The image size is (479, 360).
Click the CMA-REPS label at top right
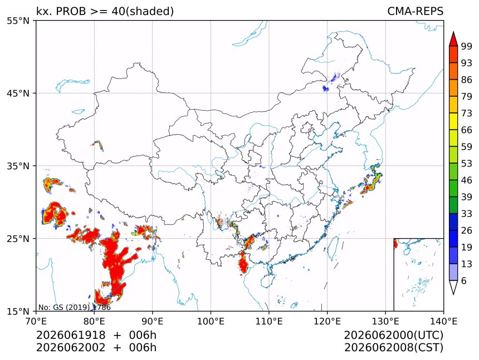pyautogui.click(x=415, y=11)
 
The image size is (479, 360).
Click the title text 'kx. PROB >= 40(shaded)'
pyautogui.click(x=105, y=12)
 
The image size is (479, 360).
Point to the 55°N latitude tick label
pyautogui.click(x=18, y=21)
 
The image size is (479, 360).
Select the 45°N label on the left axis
pyautogui.click(x=18, y=93)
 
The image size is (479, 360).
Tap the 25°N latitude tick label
pyautogui.click(x=18, y=239)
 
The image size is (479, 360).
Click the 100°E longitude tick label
pyautogui.click(x=211, y=321)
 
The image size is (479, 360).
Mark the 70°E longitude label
pyautogui.click(x=36, y=321)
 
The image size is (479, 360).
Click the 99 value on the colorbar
pyautogui.click(x=467, y=46)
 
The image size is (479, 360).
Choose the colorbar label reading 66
pyautogui.click(x=467, y=130)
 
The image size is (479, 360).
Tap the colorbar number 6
pyautogui.click(x=464, y=280)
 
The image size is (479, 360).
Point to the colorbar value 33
pyautogui.click(x=467, y=214)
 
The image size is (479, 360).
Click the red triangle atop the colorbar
pyautogui.click(x=453, y=39)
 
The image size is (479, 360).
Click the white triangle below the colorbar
pyautogui.click(x=453, y=287)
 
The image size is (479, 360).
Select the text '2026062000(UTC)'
pyautogui.click(x=394, y=336)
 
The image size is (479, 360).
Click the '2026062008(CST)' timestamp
pyautogui.click(x=394, y=348)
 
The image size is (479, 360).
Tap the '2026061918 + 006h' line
pyautogui.click(x=96, y=336)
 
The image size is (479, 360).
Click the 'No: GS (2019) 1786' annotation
pyautogui.click(x=74, y=307)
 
